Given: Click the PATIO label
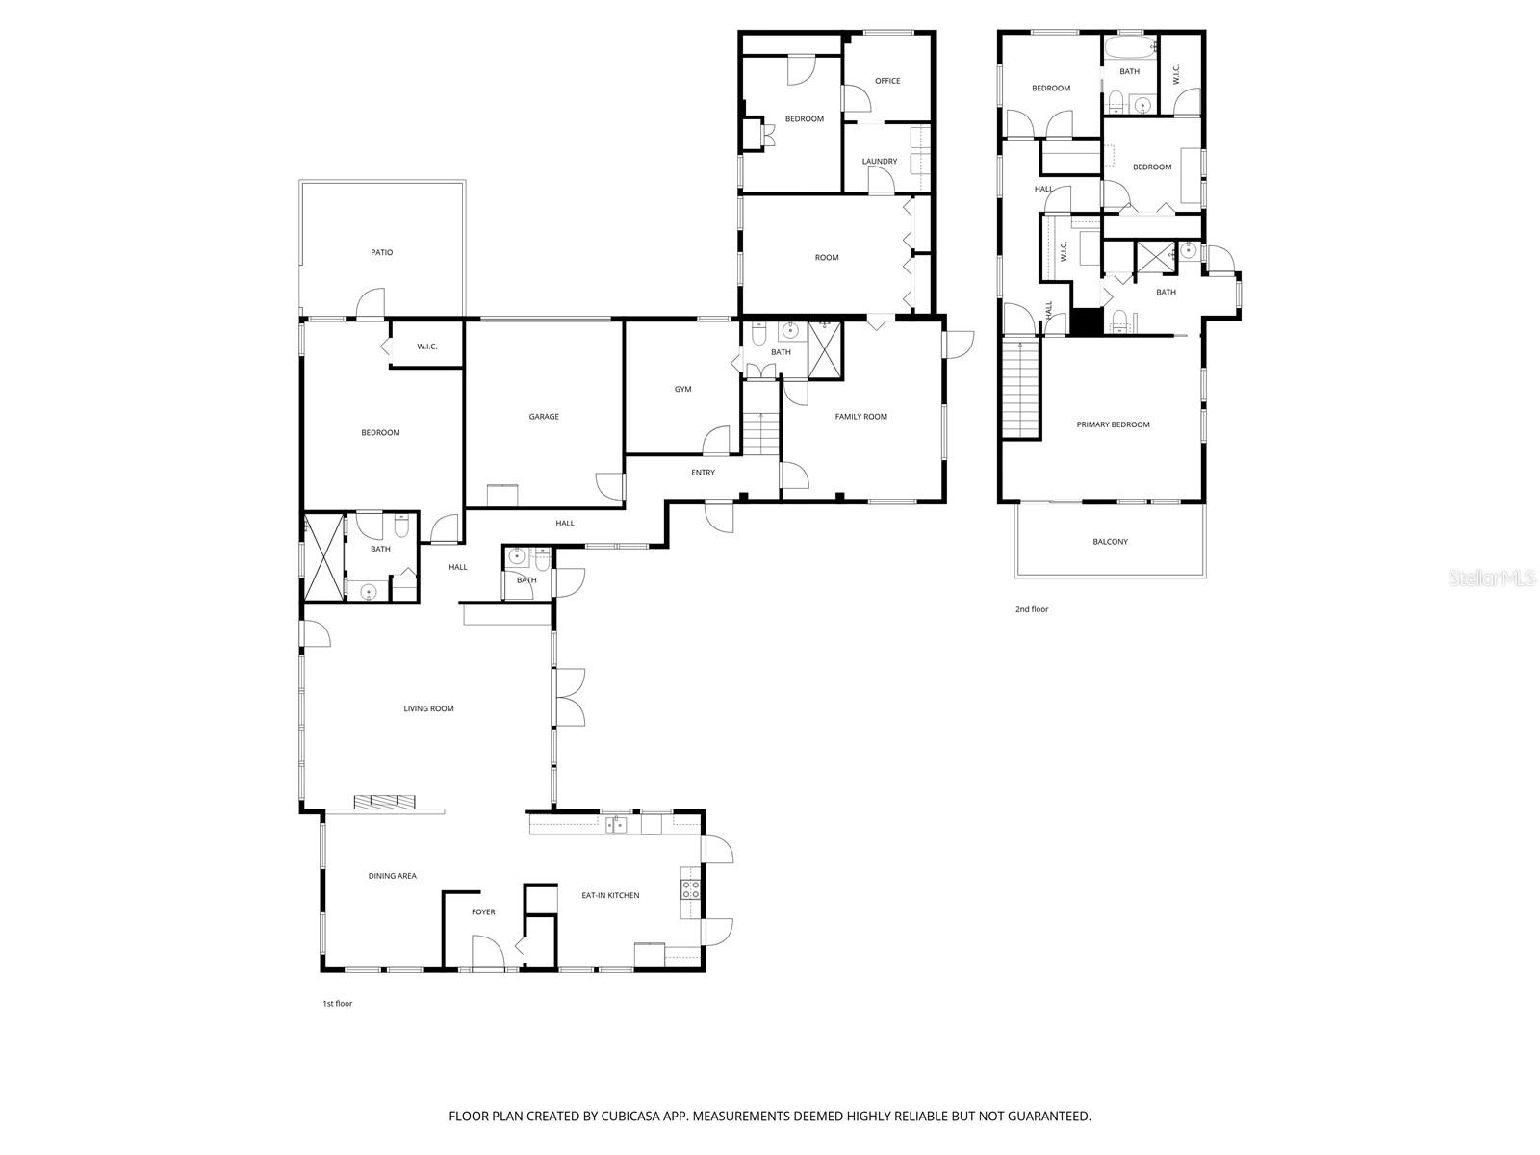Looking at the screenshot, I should pyautogui.click(x=381, y=252).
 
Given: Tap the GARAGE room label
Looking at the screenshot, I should pyautogui.click(x=544, y=417).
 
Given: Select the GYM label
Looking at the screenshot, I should pyautogui.click(x=682, y=389).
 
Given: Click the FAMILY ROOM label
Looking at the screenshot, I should pyautogui.click(x=860, y=417).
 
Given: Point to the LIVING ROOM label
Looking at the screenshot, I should pyautogui.click(x=428, y=709).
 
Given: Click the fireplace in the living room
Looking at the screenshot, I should pyautogui.click(x=384, y=802).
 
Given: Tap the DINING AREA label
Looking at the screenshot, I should pyautogui.click(x=392, y=876).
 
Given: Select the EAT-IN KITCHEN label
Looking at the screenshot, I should pyautogui.click(x=610, y=895).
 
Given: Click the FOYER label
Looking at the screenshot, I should pyautogui.click(x=483, y=911).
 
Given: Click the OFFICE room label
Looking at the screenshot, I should pyautogui.click(x=887, y=81).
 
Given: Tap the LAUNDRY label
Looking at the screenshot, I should pyautogui.click(x=880, y=162).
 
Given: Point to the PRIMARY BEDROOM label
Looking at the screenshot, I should pyautogui.click(x=1113, y=424).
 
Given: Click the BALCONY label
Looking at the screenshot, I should pyautogui.click(x=1110, y=542).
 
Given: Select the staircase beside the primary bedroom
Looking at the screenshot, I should pyautogui.click(x=1021, y=389).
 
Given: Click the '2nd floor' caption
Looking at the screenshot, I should pyautogui.click(x=1032, y=609).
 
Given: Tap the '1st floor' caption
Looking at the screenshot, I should pyautogui.click(x=337, y=1004).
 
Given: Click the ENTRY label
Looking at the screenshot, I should pyautogui.click(x=703, y=473).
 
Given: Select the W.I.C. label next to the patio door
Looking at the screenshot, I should pyautogui.click(x=427, y=346).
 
